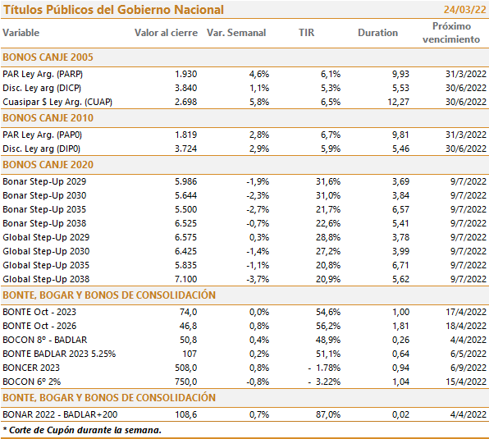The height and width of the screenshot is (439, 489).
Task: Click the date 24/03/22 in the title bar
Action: click(x=464, y=10)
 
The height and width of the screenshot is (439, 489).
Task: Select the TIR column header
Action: click(x=307, y=33)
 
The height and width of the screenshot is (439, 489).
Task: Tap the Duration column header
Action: click(x=377, y=33)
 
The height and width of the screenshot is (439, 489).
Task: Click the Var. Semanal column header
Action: click(x=236, y=33)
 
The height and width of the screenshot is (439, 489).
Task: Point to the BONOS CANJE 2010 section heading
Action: click(x=48, y=118)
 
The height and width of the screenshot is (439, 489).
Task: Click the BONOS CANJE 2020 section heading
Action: click(x=48, y=165)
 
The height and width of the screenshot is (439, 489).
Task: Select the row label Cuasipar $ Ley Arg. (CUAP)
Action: click(x=57, y=102)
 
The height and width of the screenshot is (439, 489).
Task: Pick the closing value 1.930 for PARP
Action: click(x=186, y=74)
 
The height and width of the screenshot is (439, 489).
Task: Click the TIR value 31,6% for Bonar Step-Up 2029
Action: click(x=328, y=181)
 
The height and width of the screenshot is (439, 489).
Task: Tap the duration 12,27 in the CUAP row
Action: click(x=398, y=102)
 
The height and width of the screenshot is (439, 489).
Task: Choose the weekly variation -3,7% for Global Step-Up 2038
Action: click(x=258, y=279)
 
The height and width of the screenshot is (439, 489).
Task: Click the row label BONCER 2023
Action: click(x=31, y=368)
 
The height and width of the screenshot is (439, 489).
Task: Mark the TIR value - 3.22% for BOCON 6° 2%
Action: click(x=324, y=382)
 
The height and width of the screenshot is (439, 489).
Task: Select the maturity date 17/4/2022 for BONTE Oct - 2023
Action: click(x=466, y=312)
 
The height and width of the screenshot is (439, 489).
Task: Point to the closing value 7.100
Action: click(x=186, y=279)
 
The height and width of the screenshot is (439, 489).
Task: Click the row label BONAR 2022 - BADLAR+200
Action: click(x=60, y=414)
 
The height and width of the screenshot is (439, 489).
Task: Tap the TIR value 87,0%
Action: click(x=328, y=414)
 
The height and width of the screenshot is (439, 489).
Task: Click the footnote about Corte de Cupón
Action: click(x=82, y=430)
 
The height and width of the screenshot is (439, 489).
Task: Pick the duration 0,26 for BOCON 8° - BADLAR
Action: click(x=400, y=340)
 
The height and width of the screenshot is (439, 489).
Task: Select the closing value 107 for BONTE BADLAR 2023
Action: click(x=190, y=354)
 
